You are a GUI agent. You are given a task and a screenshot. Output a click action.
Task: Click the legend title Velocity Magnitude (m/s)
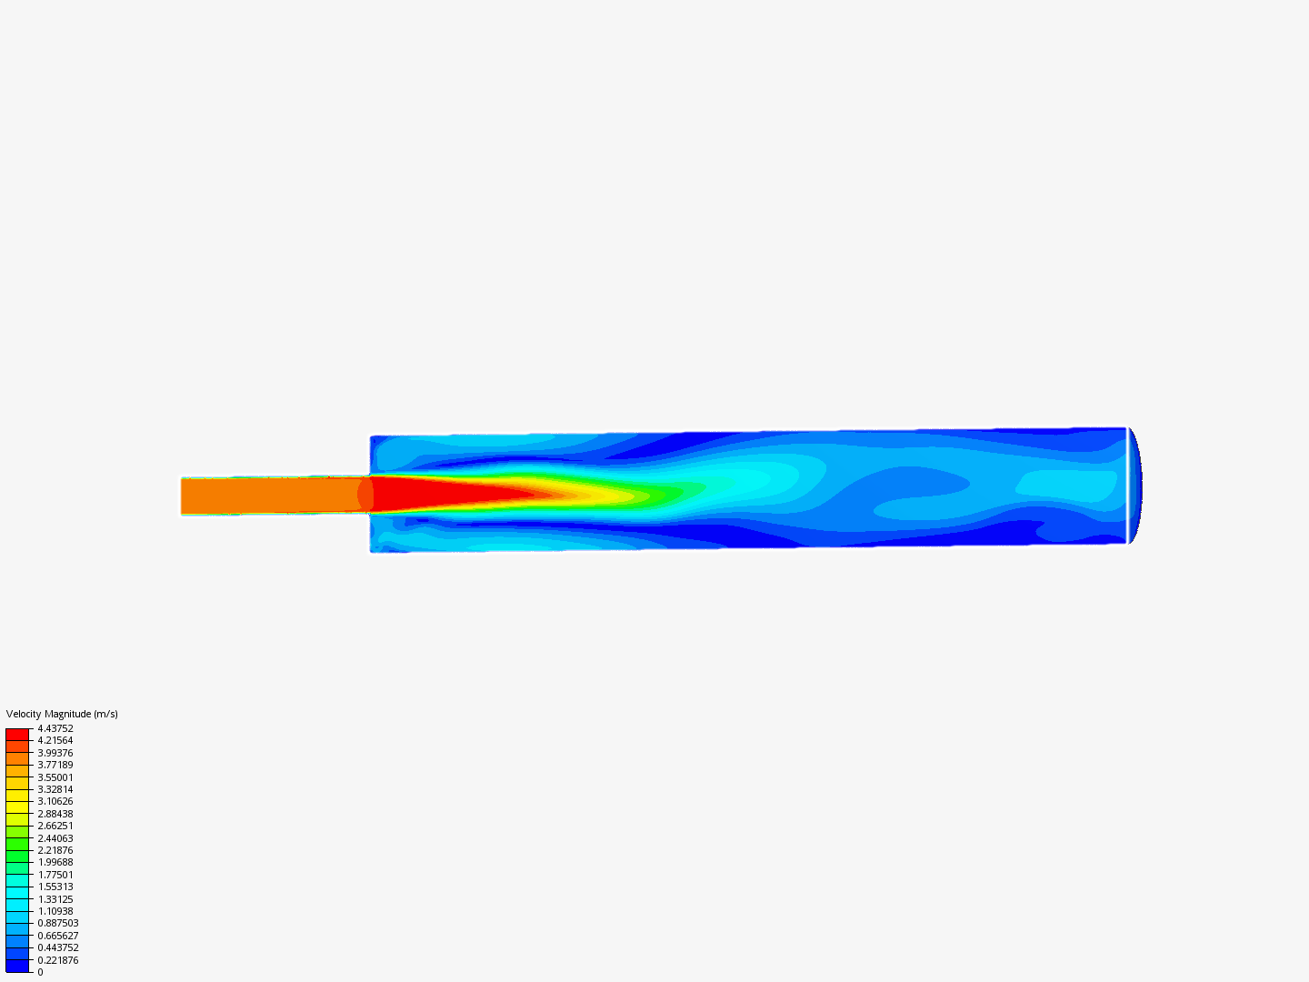click(62, 714)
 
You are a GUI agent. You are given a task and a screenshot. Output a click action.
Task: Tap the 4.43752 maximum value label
click(55, 728)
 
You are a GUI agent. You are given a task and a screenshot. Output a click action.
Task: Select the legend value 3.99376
click(55, 753)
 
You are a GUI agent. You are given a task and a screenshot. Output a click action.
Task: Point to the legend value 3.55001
click(55, 777)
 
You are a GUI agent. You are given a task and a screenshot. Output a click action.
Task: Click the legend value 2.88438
click(55, 814)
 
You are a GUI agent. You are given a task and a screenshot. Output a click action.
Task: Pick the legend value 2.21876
click(55, 850)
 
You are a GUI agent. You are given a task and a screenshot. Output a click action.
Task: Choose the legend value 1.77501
click(55, 875)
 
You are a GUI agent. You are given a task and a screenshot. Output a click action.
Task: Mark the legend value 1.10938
click(55, 911)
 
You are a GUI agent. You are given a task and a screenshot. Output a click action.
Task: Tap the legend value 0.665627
click(58, 936)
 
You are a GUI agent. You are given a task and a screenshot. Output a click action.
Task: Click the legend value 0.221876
click(58, 960)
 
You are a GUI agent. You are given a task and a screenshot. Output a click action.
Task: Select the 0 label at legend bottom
click(40, 972)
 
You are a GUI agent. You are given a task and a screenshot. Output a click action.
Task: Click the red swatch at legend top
click(17, 734)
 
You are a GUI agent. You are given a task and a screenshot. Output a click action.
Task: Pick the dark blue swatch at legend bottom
click(17, 966)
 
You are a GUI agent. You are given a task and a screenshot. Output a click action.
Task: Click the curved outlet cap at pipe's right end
click(1135, 485)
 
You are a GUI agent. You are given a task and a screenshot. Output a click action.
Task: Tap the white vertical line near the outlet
click(1127, 485)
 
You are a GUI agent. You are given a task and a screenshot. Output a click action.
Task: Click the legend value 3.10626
click(55, 801)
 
